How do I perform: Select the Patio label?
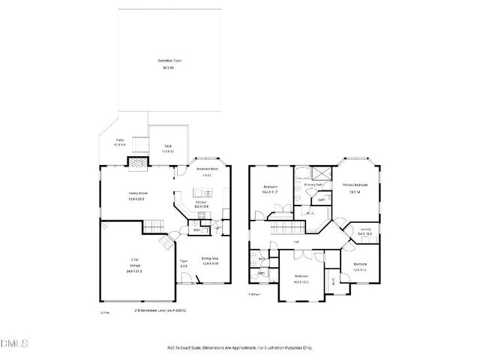(120, 141)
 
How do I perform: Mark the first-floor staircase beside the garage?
(154, 226)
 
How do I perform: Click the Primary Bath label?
(313, 184)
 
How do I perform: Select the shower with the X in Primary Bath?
(324, 171)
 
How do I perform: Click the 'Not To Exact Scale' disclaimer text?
(239, 348)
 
